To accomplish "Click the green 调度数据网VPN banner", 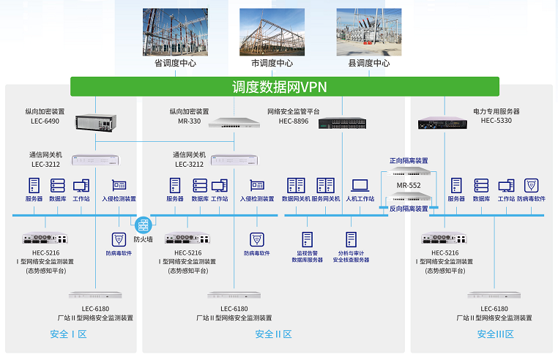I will click(285, 87).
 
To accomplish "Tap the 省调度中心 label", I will click(174, 64).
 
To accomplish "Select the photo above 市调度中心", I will click(272, 32).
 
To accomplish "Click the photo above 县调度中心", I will click(368, 32).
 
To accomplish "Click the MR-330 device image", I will click(235, 123).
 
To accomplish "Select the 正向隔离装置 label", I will click(408, 160).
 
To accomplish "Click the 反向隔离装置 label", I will click(408, 209).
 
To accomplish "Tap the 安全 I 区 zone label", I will click(69, 334).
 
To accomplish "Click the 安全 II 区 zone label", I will click(273, 334).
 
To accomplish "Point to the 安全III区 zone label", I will click(495, 334).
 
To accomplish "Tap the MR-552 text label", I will click(409, 185).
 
